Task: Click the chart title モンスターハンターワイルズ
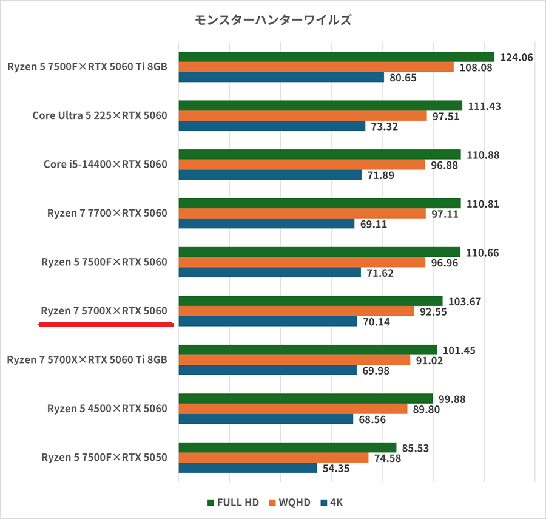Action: pyautogui.click(x=273, y=20)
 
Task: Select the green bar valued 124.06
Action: pyautogui.click(x=336, y=57)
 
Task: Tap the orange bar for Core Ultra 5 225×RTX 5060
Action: pyautogui.click(x=303, y=116)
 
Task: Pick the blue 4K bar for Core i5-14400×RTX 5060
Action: pyautogui.click(x=270, y=175)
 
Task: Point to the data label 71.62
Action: pyautogui.click(x=380, y=273)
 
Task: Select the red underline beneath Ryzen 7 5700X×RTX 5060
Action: pyautogui.click(x=106, y=325)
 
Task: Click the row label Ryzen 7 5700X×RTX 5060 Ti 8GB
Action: pyautogui.click(x=87, y=360)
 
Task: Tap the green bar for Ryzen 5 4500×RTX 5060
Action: pyautogui.click(x=306, y=399)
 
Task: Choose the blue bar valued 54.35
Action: pyautogui.click(x=248, y=468)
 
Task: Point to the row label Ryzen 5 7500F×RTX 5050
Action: pyautogui.click(x=104, y=458)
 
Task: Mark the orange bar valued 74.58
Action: pyautogui.click(x=274, y=458)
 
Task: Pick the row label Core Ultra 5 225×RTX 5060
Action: pyautogui.click(x=99, y=115)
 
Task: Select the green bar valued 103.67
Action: pyautogui.click(x=311, y=301)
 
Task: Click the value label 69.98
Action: pyautogui.click(x=377, y=370)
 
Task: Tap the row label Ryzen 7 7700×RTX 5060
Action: pyautogui.click(x=107, y=213)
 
